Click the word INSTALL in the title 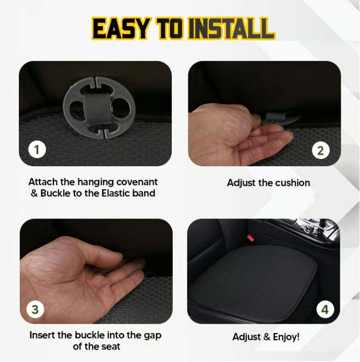coord(231,29)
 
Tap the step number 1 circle coord(36,150)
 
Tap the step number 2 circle coord(320,150)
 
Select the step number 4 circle coord(324,308)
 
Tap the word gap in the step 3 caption coord(150,335)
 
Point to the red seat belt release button coord(250,238)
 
